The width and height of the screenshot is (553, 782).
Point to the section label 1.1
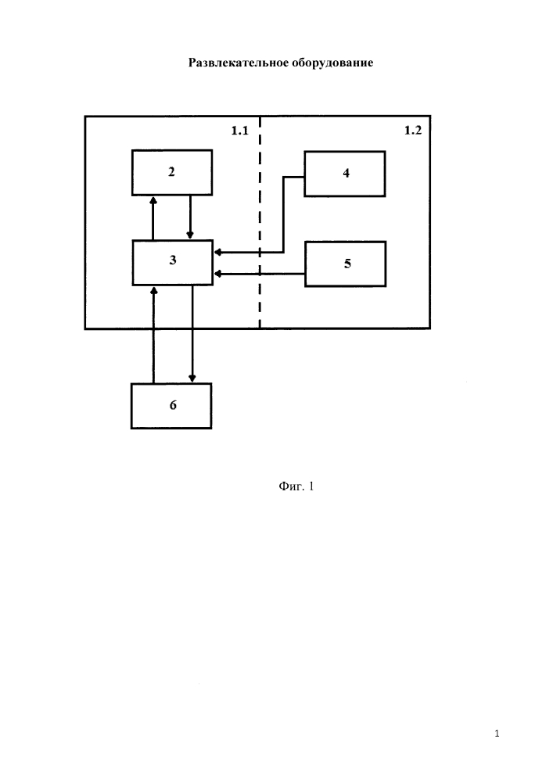(239, 131)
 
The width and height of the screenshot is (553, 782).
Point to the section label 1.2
(413, 131)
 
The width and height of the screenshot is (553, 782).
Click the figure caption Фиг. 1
(296, 486)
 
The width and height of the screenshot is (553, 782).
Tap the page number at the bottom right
(497, 734)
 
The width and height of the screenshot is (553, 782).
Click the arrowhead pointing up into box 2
(153, 199)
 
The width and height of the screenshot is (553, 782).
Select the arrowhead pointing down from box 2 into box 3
(190, 235)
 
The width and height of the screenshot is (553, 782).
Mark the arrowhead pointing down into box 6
(192, 378)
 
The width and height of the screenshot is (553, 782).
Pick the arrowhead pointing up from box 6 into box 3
(153, 290)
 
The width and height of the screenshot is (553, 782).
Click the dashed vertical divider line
(260, 222)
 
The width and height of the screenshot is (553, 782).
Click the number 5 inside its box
(347, 264)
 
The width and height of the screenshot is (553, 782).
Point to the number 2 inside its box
(171, 172)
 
